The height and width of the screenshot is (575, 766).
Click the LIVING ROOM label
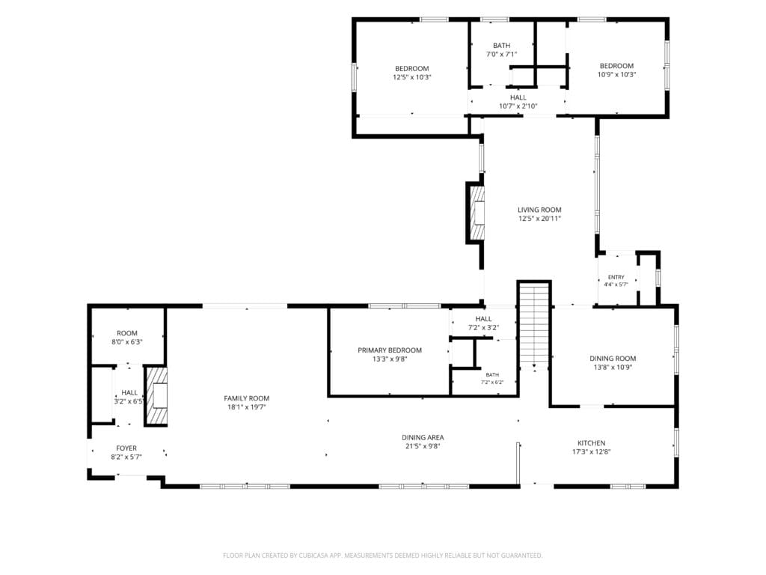click(x=539, y=210)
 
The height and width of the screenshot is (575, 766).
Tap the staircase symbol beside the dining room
click(x=535, y=325)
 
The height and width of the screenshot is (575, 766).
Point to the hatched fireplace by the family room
click(x=157, y=396)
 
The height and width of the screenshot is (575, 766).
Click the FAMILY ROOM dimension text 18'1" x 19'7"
click(x=247, y=407)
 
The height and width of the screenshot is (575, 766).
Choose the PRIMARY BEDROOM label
click(x=390, y=350)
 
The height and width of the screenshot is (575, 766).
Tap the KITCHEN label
click(x=592, y=443)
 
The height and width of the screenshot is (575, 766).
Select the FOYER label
click(x=126, y=448)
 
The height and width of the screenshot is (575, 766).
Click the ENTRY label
click(x=616, y=277)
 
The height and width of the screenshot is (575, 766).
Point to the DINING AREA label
click(x=423, y=437)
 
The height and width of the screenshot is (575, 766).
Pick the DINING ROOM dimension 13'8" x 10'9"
click(x=613, y=367)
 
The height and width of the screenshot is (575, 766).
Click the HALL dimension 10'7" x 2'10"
click(x=518, y=106)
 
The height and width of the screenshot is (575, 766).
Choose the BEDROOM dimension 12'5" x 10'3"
click(x=412, y=77)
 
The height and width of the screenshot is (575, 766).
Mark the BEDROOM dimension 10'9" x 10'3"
click(x=617, y=75)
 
